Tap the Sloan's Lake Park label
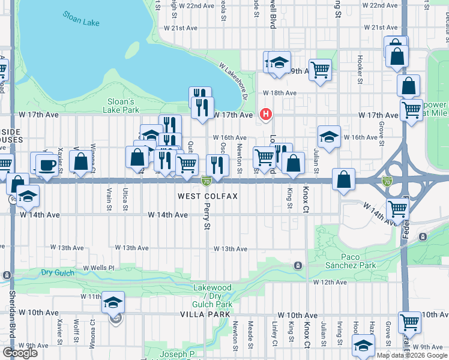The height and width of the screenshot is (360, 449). coord(123,106)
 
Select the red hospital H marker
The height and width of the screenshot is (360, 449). coord(265,114)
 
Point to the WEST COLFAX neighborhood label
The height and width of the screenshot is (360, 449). coord(208,196)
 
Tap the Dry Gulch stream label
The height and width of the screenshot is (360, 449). coord(59,273)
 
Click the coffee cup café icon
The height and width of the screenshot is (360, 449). coord(46,164)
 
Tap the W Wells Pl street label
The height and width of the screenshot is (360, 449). coord(98,267)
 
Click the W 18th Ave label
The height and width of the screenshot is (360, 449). coord(280,93)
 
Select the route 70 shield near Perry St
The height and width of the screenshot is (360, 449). coord(206,180)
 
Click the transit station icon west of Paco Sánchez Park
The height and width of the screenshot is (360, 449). coord(297,265)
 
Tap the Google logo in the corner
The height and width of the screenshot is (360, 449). coord(20,353)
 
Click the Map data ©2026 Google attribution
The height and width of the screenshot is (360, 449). coord(412,355)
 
